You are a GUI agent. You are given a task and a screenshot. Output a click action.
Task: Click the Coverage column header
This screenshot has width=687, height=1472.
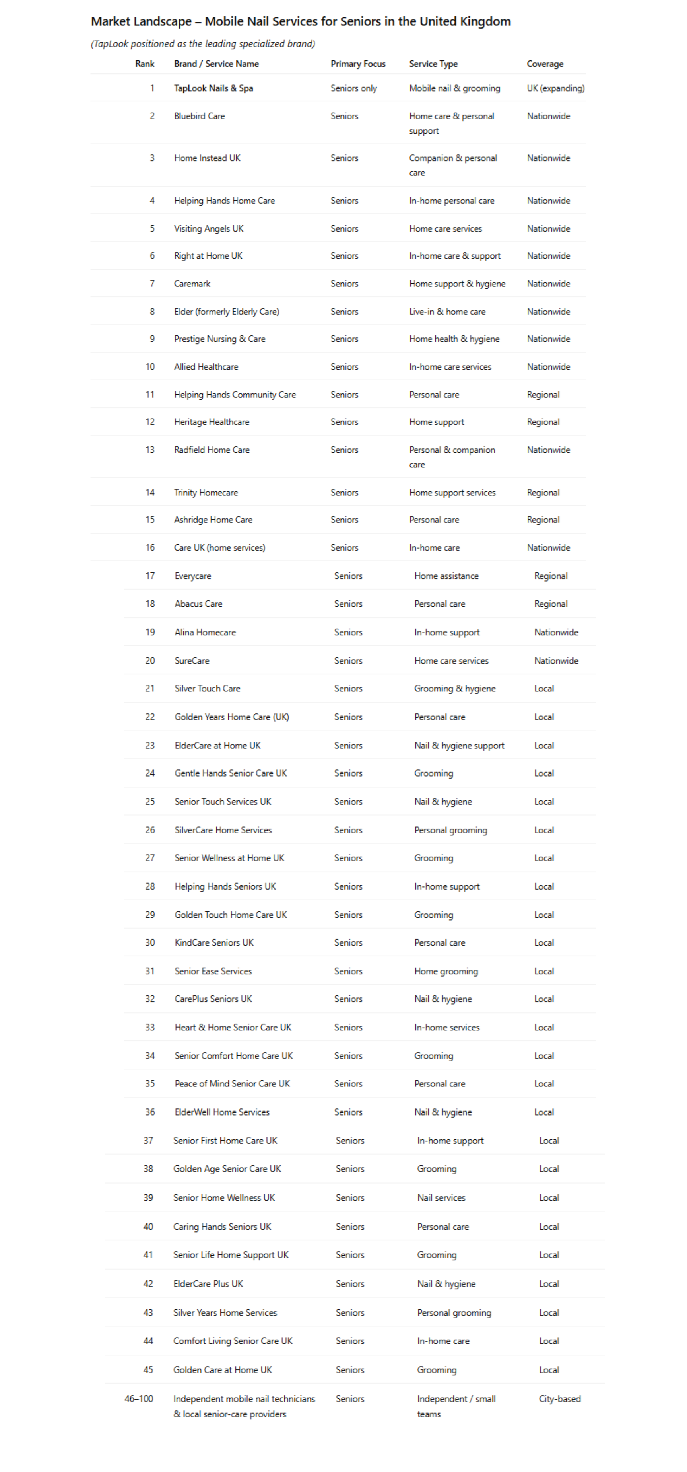coord(545,64)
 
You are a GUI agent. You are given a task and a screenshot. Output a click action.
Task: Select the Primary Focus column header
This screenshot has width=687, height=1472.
coord(358,64)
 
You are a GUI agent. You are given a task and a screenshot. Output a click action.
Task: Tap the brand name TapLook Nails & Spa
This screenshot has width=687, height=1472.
coord(213,88)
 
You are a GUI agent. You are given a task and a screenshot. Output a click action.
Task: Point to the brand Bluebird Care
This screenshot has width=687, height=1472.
coord(199,116)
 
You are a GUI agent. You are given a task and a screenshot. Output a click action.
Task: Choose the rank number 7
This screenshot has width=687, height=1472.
coord(152,284)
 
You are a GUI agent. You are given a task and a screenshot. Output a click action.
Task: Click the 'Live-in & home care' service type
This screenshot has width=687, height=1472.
coord(447,312)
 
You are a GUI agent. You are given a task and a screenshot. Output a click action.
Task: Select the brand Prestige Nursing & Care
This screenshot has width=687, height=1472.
coord(219,339)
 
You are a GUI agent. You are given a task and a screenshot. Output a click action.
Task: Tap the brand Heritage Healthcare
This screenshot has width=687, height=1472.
coord(211,422)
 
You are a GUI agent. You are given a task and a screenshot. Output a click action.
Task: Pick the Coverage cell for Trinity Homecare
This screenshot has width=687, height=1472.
coord(543,493)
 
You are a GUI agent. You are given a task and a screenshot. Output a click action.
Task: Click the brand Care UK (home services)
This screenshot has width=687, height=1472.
coord(219,547)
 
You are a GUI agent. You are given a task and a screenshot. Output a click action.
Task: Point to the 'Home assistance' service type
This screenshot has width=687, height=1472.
coord(446,576)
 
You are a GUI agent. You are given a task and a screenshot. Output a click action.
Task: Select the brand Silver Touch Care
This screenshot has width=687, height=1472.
coord(207,689)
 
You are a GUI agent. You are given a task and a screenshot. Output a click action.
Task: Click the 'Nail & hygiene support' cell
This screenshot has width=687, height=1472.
coord(459,745)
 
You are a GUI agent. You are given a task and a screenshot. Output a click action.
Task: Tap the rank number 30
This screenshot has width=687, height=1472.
coord(149,943)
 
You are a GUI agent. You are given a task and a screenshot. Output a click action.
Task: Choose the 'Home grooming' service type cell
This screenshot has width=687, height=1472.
coord(446,971)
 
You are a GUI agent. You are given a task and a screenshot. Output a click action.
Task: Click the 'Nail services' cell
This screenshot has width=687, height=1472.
coord(441,1198)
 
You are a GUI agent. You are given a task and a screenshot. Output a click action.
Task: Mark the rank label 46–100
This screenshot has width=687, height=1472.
coord(139,1399)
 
